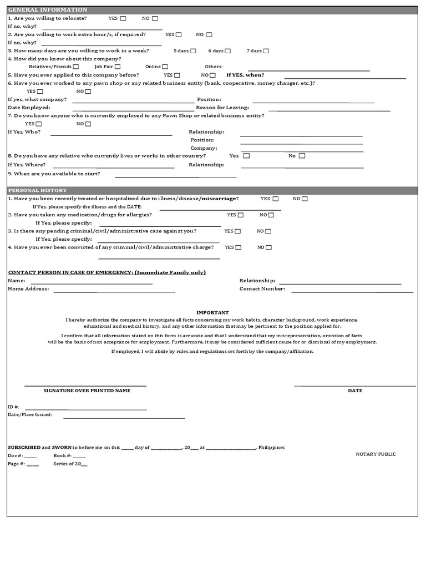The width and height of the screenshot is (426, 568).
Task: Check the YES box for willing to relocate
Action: pos(123,18)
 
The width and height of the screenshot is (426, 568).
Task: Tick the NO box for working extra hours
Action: pos(209,34)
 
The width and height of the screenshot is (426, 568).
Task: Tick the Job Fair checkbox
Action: pos(118,67)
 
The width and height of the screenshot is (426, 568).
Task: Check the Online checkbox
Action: pos(165,67)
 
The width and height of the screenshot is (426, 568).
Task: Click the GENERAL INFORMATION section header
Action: pos(48,10)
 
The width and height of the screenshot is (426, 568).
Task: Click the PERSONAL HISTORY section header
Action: pos(38,190)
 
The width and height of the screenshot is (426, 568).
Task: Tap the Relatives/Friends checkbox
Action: pos(75,67)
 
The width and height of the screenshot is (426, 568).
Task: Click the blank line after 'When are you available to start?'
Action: pos(175,176)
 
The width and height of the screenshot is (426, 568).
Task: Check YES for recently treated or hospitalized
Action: pos(276,199)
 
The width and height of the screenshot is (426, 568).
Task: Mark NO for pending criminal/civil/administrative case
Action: pos(268,231)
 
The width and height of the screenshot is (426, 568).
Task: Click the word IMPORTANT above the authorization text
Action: pos(212,313)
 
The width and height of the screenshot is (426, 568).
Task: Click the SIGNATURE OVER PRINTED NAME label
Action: pos(87,390)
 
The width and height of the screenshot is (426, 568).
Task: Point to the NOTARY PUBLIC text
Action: pos(376,454)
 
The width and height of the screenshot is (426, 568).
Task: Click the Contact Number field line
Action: pos(352,291)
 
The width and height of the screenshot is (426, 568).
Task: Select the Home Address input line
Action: pos(114,291)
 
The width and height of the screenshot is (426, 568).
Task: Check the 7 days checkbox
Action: pos(266,50)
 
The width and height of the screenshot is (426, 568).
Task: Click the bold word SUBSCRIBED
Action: pos(24,447)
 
